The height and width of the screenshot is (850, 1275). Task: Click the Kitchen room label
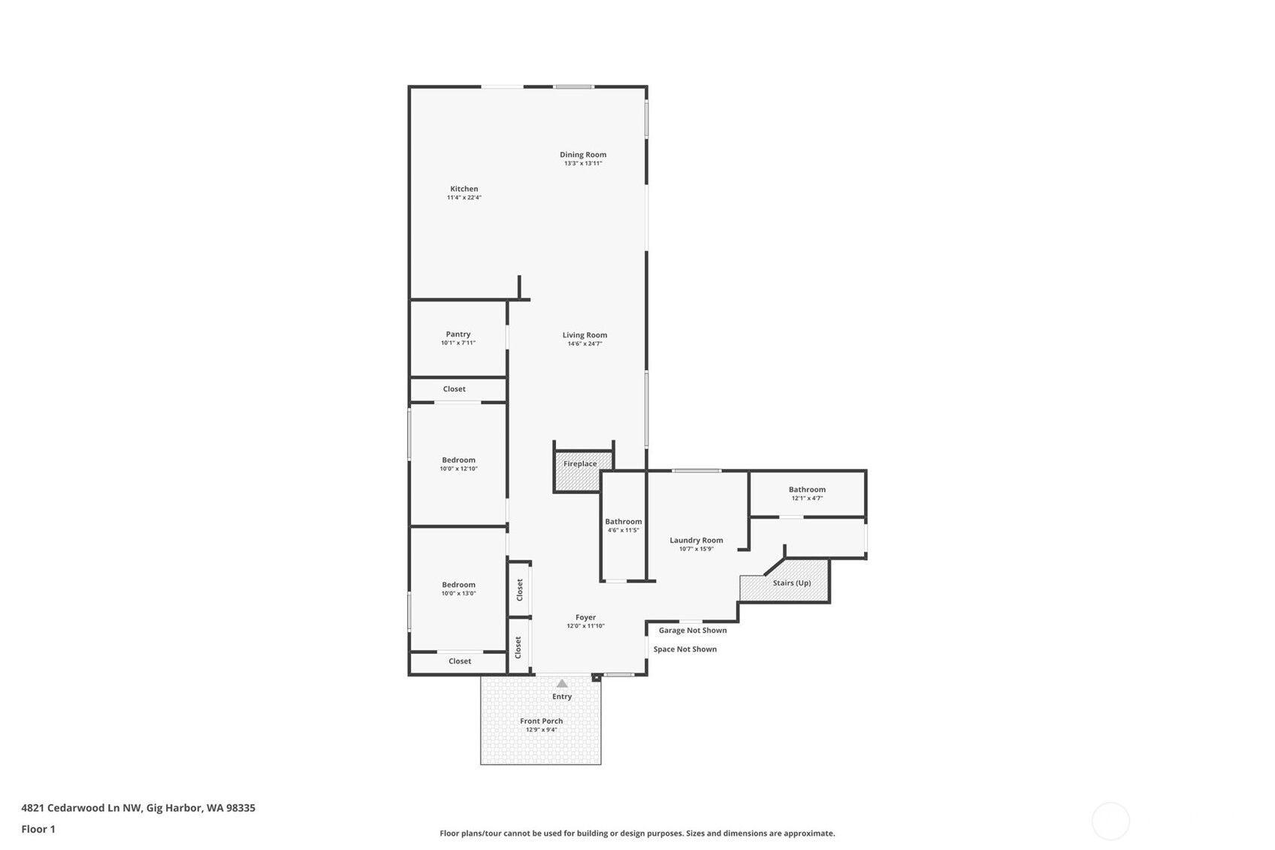pyautogui.click(x=464, y=189)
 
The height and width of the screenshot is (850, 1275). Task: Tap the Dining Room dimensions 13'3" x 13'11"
pyautogui.click(x=583, y=163)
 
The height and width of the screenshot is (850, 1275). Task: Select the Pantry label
pyautogui.click(x=458, y=334)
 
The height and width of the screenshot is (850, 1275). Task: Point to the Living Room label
pyautogui.click(x=585, y=335)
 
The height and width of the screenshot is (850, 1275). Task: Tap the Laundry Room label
pyautogui.click(x=696, y=540)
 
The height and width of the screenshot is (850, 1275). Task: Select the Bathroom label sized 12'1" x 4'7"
pyautogui.click(x=807, y=489)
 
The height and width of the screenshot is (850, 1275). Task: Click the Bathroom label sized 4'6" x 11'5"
pyautogui.click(x=623, y=522)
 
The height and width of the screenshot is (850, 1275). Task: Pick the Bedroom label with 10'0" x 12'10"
pyautogui.click(x=458, y=460)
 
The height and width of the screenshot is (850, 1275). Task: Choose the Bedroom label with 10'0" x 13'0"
pyautogui.click(x=458, y=585)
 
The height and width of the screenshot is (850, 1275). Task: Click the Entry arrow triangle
pyautogui.click(x=562, y=683)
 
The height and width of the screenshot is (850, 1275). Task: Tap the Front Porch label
pyautogui.click(x=541, y=721)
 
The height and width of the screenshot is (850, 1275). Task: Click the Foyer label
pyautogui.click(x=585, y=617)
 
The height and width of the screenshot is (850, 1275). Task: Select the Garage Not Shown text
pyautogui.click(x=692, y=631)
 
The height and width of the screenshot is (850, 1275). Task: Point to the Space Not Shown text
pyautogui.click(x=684, y=649)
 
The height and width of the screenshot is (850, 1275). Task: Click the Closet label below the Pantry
pyautogui.click(x=454, y=389)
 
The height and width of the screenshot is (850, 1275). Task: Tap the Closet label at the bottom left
pyautogui.click(x=459, y=661)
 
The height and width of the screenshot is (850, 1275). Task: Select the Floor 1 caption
pyautogui.click(x=38, y=829)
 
